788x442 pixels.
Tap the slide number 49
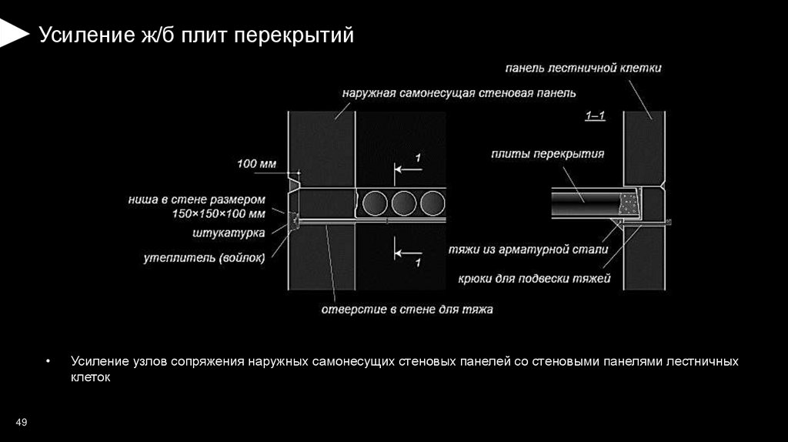coord(22,422)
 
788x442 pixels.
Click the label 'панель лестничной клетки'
coord(583,69)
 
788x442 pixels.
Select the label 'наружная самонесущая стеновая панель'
coord(459,94)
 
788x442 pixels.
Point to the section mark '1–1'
coord(594,116)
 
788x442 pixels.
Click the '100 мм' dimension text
coord(255,163)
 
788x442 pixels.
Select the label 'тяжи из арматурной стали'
coord(529,250)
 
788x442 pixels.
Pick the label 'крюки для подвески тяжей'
coord(534,277)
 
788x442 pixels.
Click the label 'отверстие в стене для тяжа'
coord(406,310)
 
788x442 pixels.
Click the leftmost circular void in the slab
coord(376,203)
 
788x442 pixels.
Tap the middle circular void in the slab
coord(403,203)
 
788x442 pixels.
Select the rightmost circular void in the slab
coord(430,203)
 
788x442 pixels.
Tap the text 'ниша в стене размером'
coord(208,199)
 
